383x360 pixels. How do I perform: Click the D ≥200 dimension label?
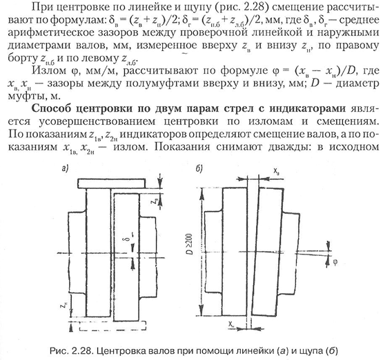(x=190, y=244)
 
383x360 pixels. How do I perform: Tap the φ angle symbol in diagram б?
(x=335, y=262)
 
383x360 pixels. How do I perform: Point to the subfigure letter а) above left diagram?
(x=65, y=169)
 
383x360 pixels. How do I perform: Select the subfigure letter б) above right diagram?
(x=199, y=169)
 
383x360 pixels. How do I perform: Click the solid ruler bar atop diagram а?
(x=112, y=183)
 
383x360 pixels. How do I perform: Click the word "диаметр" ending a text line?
(x=357, y=83)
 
